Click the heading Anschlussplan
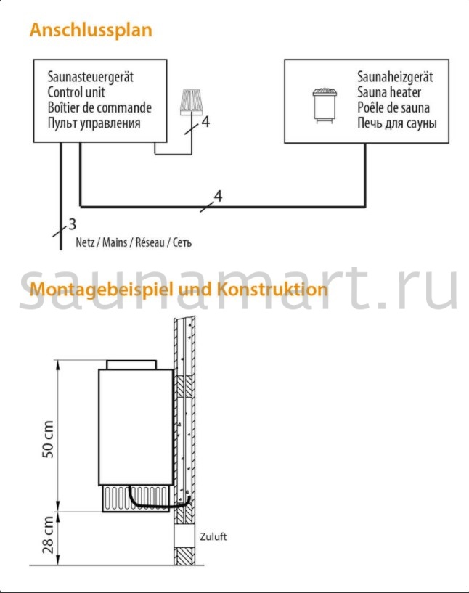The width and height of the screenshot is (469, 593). pos(91,30)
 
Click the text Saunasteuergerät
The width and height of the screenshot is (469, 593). pos(91,77)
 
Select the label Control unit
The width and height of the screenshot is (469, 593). pos(76,92)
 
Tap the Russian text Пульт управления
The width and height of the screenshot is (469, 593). pos(94,123)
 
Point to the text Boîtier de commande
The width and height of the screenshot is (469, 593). pos(99,107)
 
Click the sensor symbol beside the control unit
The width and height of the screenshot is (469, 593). pos(192,102)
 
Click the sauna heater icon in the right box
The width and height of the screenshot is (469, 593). pos(325,105)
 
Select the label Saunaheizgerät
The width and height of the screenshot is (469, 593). pos(395,77)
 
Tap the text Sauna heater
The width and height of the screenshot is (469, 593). pos(389,92)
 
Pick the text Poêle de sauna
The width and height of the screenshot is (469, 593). pos(393,107)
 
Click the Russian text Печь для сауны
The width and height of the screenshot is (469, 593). pos(397,123)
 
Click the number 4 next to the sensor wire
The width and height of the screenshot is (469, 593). pos(205,122)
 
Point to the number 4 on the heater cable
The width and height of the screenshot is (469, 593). pos(219,196)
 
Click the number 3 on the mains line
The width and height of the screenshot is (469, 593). pos(72,224)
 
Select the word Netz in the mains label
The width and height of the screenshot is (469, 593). pos(85,242)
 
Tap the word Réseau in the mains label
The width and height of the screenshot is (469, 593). pos(150,242)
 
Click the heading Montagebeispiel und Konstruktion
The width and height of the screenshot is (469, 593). pos(179,290)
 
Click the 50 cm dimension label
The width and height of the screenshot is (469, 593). pos(48,439)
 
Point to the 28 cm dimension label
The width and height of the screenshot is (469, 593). pos(48,535)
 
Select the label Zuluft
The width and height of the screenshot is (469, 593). pos(213,536)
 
